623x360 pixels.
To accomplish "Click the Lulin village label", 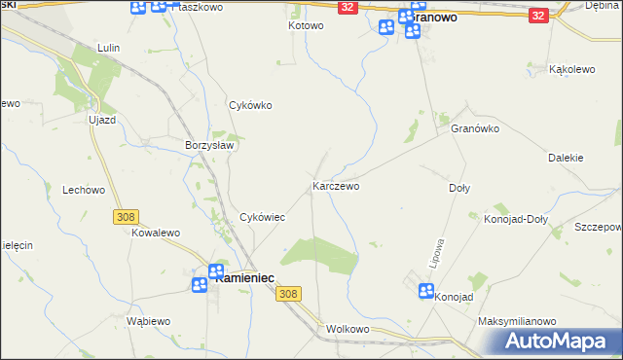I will [x=108, y=47].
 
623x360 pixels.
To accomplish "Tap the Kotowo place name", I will [x=305, y=25].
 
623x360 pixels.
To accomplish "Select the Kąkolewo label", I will [x=572, y=70].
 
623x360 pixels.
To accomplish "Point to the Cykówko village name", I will [x=248, y=105].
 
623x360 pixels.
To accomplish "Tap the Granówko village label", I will [x=475, y=128].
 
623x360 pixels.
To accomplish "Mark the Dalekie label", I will [x=566, y=157].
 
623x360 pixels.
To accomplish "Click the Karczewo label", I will [x=336, y=185].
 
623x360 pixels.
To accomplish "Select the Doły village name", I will [x=458, y=188].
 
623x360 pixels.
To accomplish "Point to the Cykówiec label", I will [x=262, y=217].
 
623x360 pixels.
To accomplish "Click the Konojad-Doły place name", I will [x=516, y=219].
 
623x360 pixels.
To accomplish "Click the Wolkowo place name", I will [x=348, y=329].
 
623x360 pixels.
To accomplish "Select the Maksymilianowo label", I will [x=516, y=321].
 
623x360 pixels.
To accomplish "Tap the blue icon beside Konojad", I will [x=425, y=291].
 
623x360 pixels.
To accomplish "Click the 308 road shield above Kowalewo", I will [x=126, y=218].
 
